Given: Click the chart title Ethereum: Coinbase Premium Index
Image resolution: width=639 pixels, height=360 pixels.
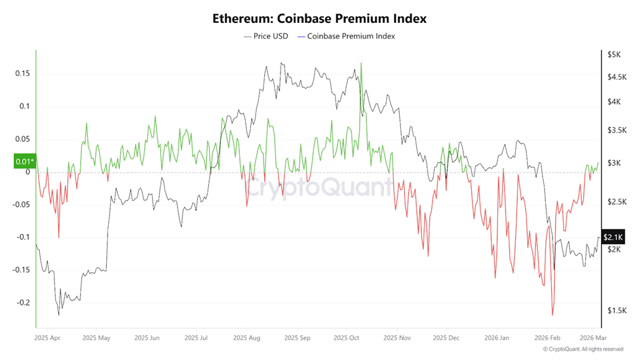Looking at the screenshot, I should click(x=319, y=18).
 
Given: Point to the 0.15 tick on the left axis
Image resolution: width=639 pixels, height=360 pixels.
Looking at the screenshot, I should click(x=23, y=73).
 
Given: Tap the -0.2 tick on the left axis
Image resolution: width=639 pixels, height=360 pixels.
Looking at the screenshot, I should click(x=23, y=303).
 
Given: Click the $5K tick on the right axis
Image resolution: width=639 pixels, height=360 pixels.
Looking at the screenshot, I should click(x=613, y=54).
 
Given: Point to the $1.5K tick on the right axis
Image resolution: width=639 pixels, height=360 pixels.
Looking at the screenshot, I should click(x=616, y=311).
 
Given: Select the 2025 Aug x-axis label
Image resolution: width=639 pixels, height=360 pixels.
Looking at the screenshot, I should click(x=245, y=339).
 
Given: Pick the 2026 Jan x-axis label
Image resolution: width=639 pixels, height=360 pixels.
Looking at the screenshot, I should click(x=497, y=339).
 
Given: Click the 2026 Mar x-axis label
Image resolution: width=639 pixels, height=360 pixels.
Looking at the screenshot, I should click(x=592, y=339).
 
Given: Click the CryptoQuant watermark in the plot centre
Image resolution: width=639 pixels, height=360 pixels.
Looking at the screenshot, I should click(x=319, y=188).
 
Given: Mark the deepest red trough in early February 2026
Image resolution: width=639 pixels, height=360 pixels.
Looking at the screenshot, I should click(x=553, y=315).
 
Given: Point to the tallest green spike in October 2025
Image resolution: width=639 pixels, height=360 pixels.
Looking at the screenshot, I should click(x=362, y=64).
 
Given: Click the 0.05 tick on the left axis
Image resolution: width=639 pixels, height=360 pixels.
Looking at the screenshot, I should click(x=23, y=139).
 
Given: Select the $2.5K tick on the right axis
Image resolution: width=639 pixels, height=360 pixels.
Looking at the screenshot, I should click(x=616, y=202).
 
